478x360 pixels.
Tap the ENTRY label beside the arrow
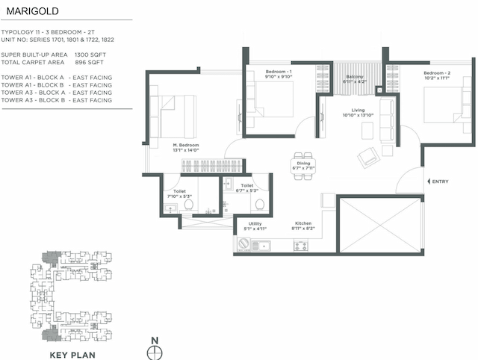coord(441,181)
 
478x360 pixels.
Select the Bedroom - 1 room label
coord(279,72)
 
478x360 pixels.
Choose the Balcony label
coord(354,78)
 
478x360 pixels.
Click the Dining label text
coord(304,163)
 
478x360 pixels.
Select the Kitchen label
coord(303,223)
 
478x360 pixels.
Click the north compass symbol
coord(155,352)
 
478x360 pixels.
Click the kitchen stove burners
coord(300,245)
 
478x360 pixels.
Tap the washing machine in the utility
coord(243,244)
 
